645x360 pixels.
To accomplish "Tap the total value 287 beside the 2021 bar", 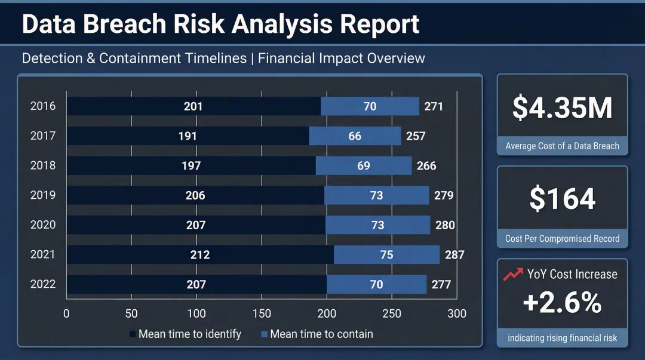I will pyautogui.click(x=454, y=255).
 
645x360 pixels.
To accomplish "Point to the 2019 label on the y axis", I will pyautogui.click(x=43, y=195).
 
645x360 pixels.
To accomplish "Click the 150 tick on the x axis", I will pyautogui.click(x=262, y=313).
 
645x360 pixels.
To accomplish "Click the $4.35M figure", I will pyautogui.click(x=562, y=108).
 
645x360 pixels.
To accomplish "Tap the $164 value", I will pyautogui.click(x=562, y=199).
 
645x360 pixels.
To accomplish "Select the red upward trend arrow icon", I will pyautogui.click(x=512, y=275).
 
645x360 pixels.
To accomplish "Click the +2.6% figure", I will pyautogui.click(x=562, y=303).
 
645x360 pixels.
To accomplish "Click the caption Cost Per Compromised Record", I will pyautogui.click(x=562, y=239).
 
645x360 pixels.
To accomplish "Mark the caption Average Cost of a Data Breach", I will pyautogui.click(x=562, y=146).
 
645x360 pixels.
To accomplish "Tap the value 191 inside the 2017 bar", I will pyautogui.click(x=188, y=136).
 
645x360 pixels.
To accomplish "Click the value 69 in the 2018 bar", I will pyautogui.click(x=364, y=166).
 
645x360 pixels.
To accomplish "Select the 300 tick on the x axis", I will pyautogui.click(x=457, y=313).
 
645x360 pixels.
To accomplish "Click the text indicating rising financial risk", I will pyautogui.click(x=562, y=338).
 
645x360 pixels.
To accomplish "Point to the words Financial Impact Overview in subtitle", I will pyautogui.click(x=342, y=59).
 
